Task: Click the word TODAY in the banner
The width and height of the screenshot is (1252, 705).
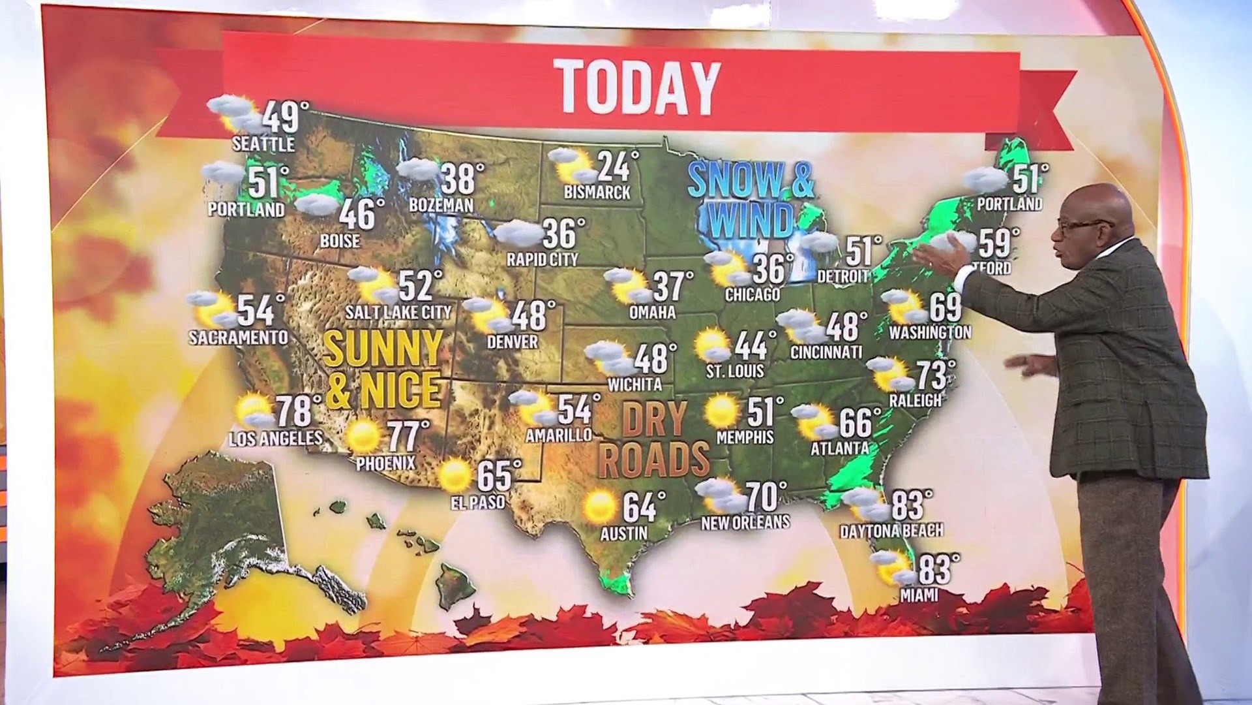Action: pyautogui.click(x=638, y=87)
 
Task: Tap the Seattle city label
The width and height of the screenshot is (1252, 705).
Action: pyautogui.click(x=263, y=144)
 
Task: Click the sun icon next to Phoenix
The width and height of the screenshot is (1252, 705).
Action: pyautogui.click(x=363, y=437)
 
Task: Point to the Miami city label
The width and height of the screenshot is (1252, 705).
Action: pyautogui.click(x=919, y=595)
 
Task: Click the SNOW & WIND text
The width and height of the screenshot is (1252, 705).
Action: pyautogui.click(x=751, y=199)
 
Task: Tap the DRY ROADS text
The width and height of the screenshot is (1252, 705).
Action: pyautogui.click(x=653, y=439)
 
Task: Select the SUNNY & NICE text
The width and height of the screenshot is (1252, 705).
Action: pyautogui.click(x=384, y=369)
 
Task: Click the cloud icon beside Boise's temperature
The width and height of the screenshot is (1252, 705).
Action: pyautogui.click(x=317, y=205)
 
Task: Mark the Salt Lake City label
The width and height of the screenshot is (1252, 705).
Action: pyautogui.click(x=398, y=312)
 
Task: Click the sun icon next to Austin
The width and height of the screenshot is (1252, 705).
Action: pyautogui.click(x=600, y=507)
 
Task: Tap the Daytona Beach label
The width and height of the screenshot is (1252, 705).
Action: pyautogui.click(x=891, y=531)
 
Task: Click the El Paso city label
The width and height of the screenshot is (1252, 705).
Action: pyautogui.click(x=478, y=503)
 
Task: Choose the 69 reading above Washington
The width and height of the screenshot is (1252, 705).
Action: pyautogui.click(x=945, y=307)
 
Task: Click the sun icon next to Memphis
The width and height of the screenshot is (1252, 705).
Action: pyautogui.click(x=722, y=411)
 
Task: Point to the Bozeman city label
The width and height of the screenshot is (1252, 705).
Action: pyautogui.click(x=441, y=205)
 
